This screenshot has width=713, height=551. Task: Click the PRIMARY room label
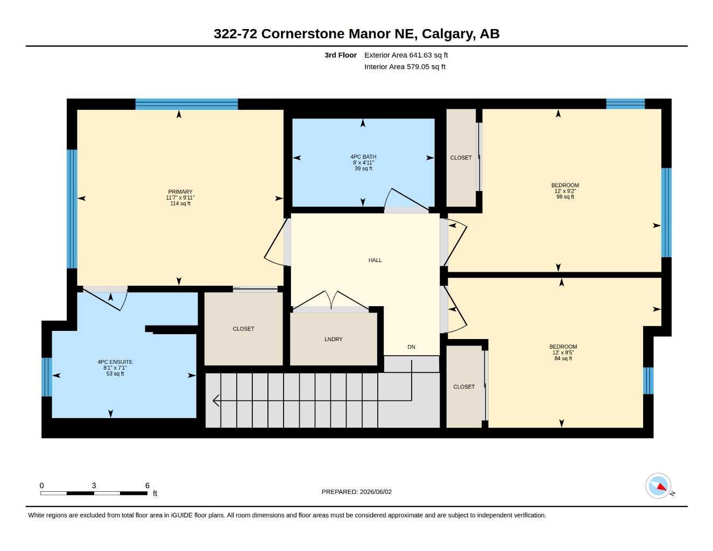tap(180, 192)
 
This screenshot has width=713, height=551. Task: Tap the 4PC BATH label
tap(363, 157)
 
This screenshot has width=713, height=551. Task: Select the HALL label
tap(375, 260)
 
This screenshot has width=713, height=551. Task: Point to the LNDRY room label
tap(334, 339)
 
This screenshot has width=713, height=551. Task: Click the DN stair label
tap(411, 347)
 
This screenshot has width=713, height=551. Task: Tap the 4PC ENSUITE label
tap(115, 362)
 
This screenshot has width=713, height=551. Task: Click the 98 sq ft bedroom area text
tap(565, 197)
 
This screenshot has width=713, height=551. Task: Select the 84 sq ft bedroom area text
tap(563, 358)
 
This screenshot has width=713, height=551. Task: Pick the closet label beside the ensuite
tap(243, 329)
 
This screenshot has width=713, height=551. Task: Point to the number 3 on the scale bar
tap(94, 485)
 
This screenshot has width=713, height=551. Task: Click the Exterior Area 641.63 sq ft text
tap(406, 55)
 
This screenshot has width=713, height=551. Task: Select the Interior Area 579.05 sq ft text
tap(405, 67)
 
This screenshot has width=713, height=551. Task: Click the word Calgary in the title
tap(449, 34)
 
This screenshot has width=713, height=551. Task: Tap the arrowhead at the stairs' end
tap(215, 400)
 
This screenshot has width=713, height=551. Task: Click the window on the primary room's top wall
tap(186, 104)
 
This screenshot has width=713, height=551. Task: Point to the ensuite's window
tap(47, 377)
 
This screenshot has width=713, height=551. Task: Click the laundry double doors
tap(331, 300)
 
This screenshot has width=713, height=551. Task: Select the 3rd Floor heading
tap(340, 55)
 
